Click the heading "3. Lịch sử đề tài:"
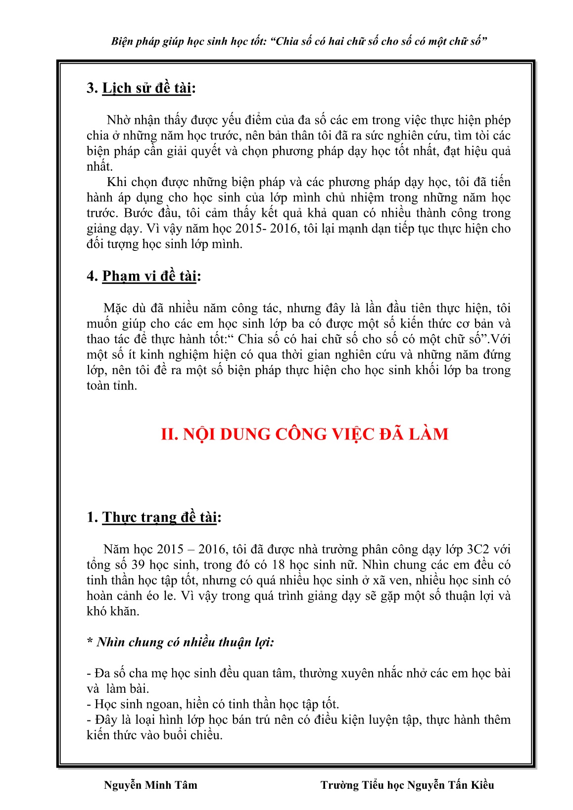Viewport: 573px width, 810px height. [x=141, y=88]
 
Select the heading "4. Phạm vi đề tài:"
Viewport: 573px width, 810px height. [x=143, y=276]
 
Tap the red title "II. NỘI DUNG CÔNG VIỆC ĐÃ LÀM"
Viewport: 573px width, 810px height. [x=304, y=434]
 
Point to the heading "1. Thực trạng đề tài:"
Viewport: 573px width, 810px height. [x=153, y=517]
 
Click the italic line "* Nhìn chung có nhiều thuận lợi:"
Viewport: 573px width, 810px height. [x=180, y=642]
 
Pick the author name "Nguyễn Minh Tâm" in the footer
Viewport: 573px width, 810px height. [x=150, y=785]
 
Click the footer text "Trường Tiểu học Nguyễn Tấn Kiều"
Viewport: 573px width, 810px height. [x=407, y=785]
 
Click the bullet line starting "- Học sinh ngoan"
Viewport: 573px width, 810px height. [x=213, y=704]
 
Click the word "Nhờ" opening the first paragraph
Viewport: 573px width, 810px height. [x=117, y=120]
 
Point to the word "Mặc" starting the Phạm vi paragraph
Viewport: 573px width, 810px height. [x=115, y=308]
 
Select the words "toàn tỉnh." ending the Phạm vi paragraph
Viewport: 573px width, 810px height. [x=111, y=385]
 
